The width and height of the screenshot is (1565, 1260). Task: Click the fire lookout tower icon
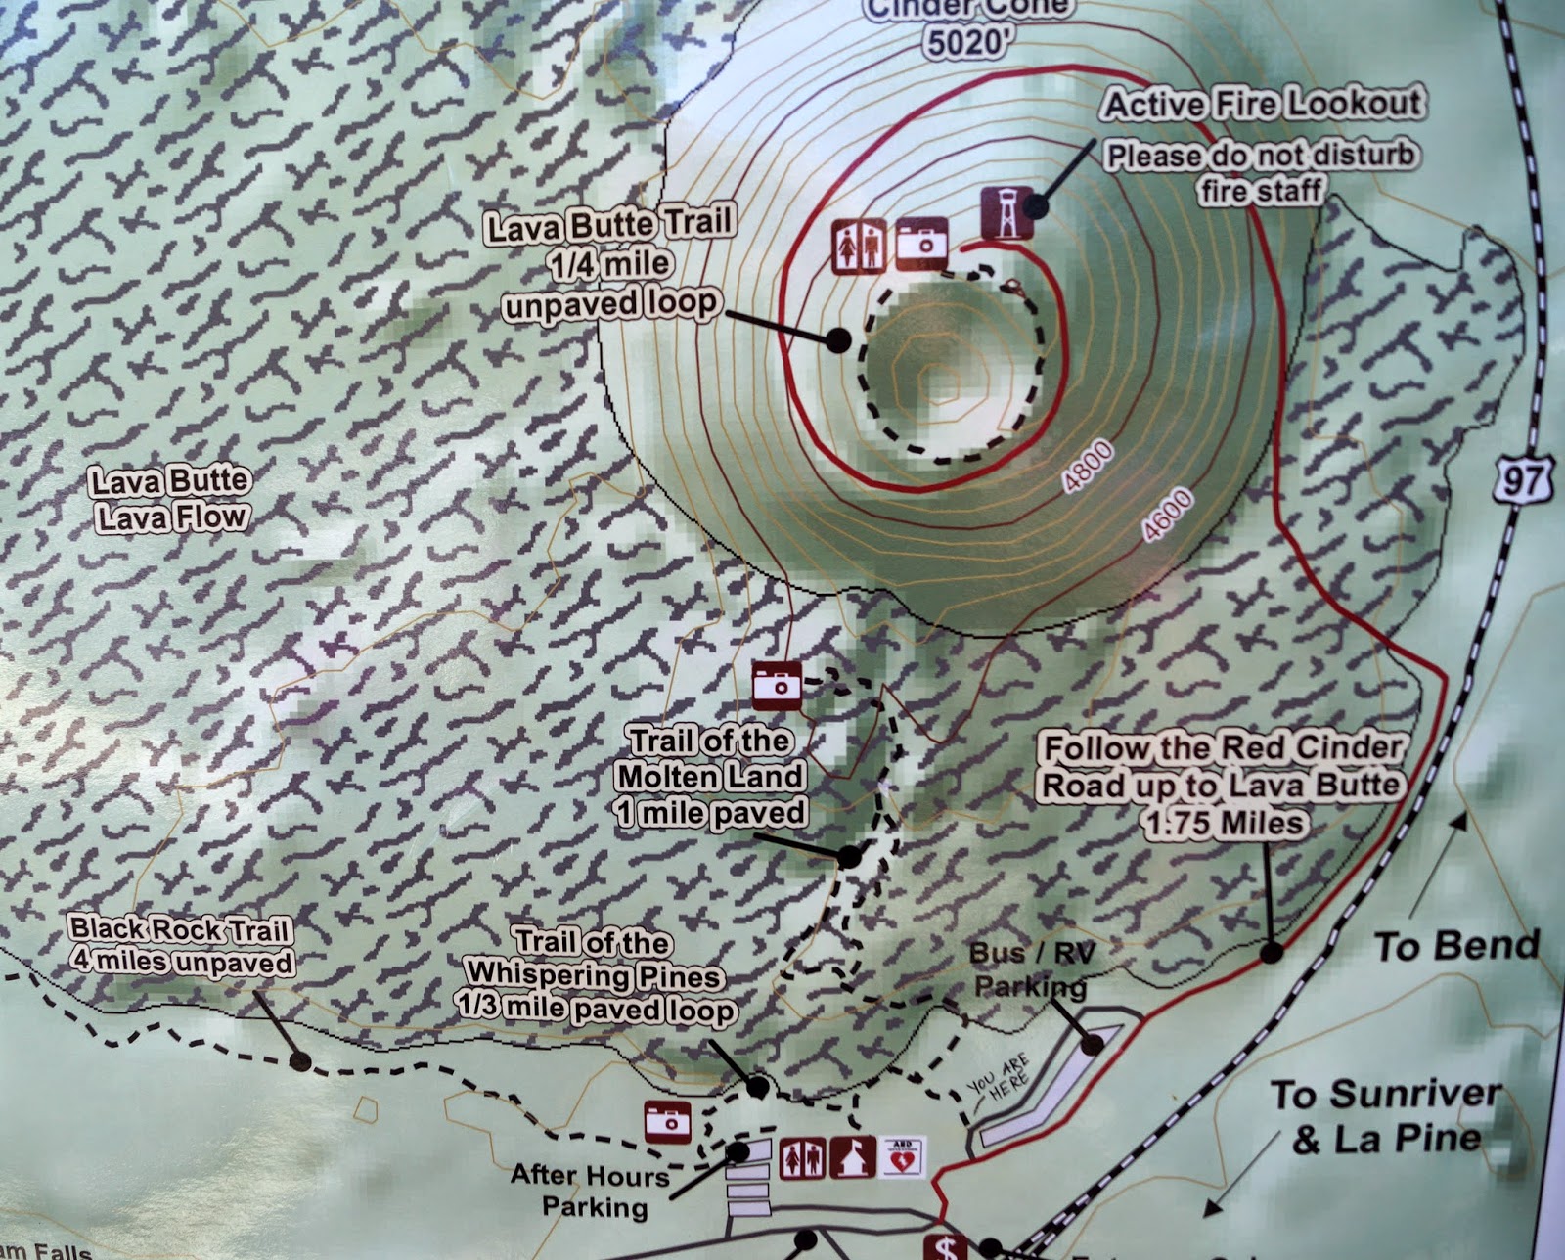click(x=1006, y=212)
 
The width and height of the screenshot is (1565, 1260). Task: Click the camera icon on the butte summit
click(x=921, y=244)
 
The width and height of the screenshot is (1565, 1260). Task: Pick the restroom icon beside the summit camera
click(x=859, y=246)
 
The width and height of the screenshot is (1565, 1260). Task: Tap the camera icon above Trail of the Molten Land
click(x=777, y=684)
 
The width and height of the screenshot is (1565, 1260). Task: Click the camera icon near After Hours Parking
click(x=669, y=1121)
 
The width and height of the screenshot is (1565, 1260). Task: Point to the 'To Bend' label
click(x=1455, y=946)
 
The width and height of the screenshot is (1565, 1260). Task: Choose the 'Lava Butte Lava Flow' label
click(x=171, y=499)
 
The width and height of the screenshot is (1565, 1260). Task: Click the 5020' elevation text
click(x=963, y=42)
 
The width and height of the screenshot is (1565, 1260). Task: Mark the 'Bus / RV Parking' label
click(x=1030, y=968)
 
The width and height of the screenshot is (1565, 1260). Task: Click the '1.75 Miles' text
click(x=1225, y=823)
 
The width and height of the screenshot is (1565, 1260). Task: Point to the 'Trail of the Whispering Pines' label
click(x=595, y=974)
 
